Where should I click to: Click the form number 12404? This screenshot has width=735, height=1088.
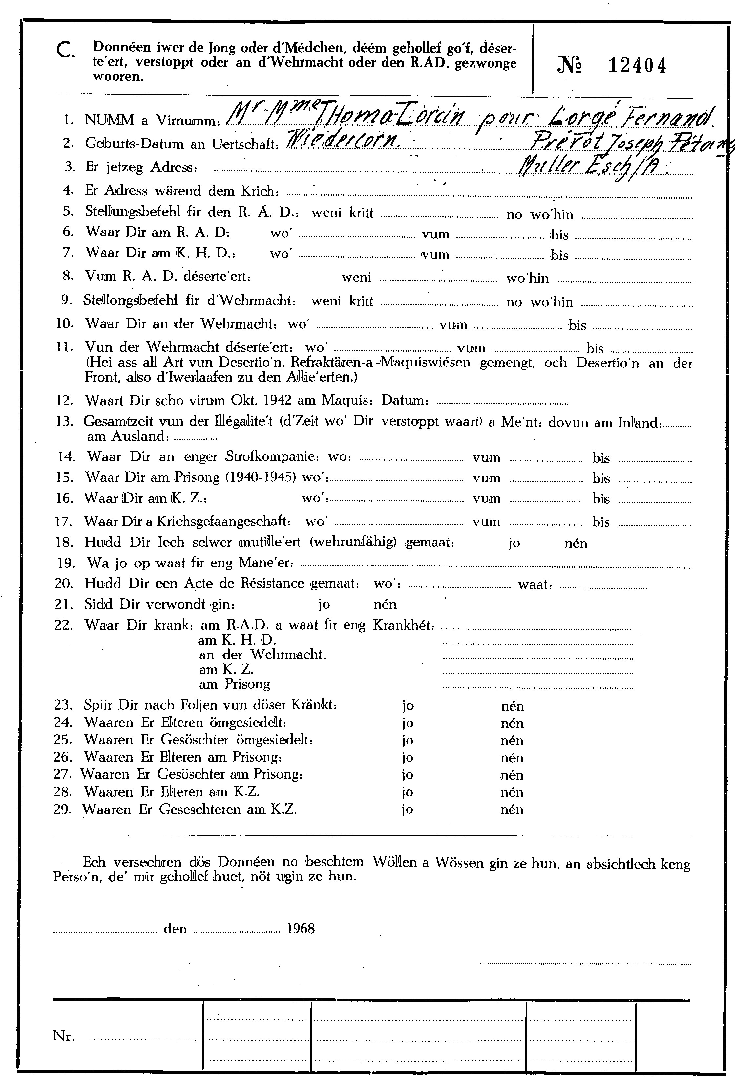[637, 66]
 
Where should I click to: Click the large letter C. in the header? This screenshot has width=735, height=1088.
[65, 51]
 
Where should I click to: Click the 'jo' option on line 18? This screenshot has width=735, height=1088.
[514, 543]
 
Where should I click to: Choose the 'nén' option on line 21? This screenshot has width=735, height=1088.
[385, 604]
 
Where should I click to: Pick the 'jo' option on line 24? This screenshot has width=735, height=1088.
[408, 723]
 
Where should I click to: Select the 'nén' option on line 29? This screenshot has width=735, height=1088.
[512, 810]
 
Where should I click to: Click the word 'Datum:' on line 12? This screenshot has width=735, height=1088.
[405, 401]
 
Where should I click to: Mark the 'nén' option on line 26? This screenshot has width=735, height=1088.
[512, 758]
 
